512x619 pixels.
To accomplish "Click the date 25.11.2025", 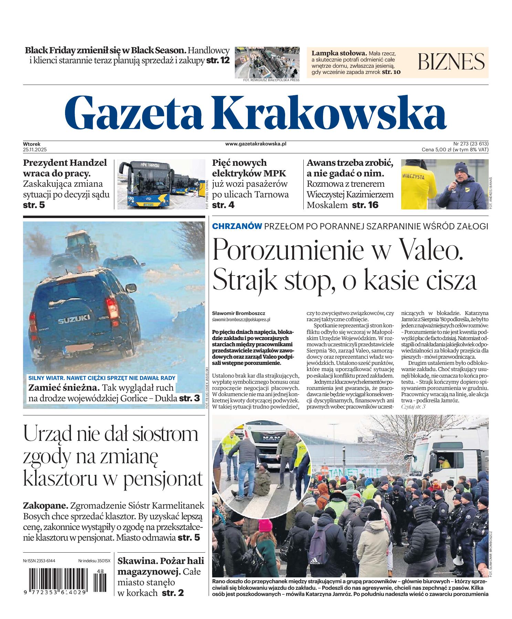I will (35, 150).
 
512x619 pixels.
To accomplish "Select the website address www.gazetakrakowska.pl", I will (256, 144).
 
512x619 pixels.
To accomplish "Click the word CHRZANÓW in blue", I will (237, 226).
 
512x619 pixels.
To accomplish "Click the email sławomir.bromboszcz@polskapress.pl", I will (241, 319).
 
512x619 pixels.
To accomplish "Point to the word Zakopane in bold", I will (45, 506).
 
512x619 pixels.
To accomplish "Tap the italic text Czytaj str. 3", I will (413, 407).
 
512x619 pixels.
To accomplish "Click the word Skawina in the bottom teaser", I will (134, 561).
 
